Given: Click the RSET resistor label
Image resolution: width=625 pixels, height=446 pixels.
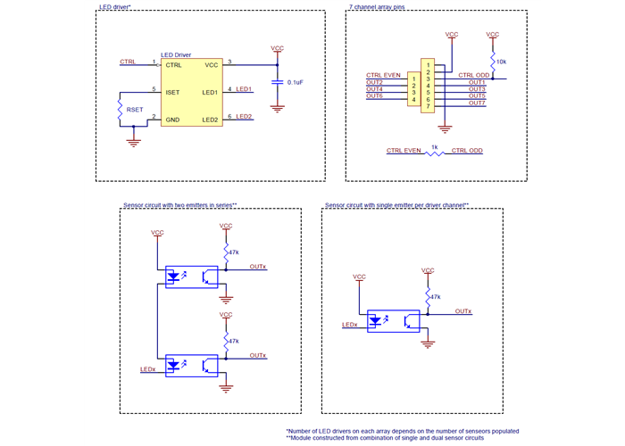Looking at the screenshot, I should [135, 109].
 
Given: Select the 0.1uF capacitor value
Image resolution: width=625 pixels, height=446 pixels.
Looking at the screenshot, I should [296, 82].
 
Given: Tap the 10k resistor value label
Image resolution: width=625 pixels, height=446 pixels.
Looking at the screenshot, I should [501, 62].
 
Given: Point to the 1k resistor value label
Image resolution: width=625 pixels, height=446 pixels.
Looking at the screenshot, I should [434, 145].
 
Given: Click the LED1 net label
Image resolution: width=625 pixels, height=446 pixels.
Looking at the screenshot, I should [245, 89].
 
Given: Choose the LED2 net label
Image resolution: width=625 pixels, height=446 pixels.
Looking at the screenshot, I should [245, 117].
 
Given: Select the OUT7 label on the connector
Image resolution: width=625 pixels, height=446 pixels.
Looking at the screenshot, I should [477, 103].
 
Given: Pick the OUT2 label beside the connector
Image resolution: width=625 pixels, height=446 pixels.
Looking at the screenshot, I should [375, 82].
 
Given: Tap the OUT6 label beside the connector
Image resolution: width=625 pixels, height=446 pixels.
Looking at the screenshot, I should [375, 95].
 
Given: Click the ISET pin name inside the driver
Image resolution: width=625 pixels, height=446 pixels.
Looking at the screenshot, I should [173, 91].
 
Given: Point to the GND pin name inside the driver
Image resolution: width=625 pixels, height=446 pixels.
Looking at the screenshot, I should [172, 119].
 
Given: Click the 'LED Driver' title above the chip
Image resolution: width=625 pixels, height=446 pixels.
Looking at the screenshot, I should [176, 54].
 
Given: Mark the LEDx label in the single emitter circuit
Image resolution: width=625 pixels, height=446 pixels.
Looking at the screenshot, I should [350, 326].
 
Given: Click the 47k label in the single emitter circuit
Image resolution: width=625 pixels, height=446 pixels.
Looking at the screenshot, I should [435, 297].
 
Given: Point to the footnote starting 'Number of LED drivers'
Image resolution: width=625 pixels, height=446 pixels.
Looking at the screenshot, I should [402, 431].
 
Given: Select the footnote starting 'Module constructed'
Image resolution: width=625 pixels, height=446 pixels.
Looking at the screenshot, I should [386, 439].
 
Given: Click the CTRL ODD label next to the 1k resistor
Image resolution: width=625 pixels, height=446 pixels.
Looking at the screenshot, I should [467, 151].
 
